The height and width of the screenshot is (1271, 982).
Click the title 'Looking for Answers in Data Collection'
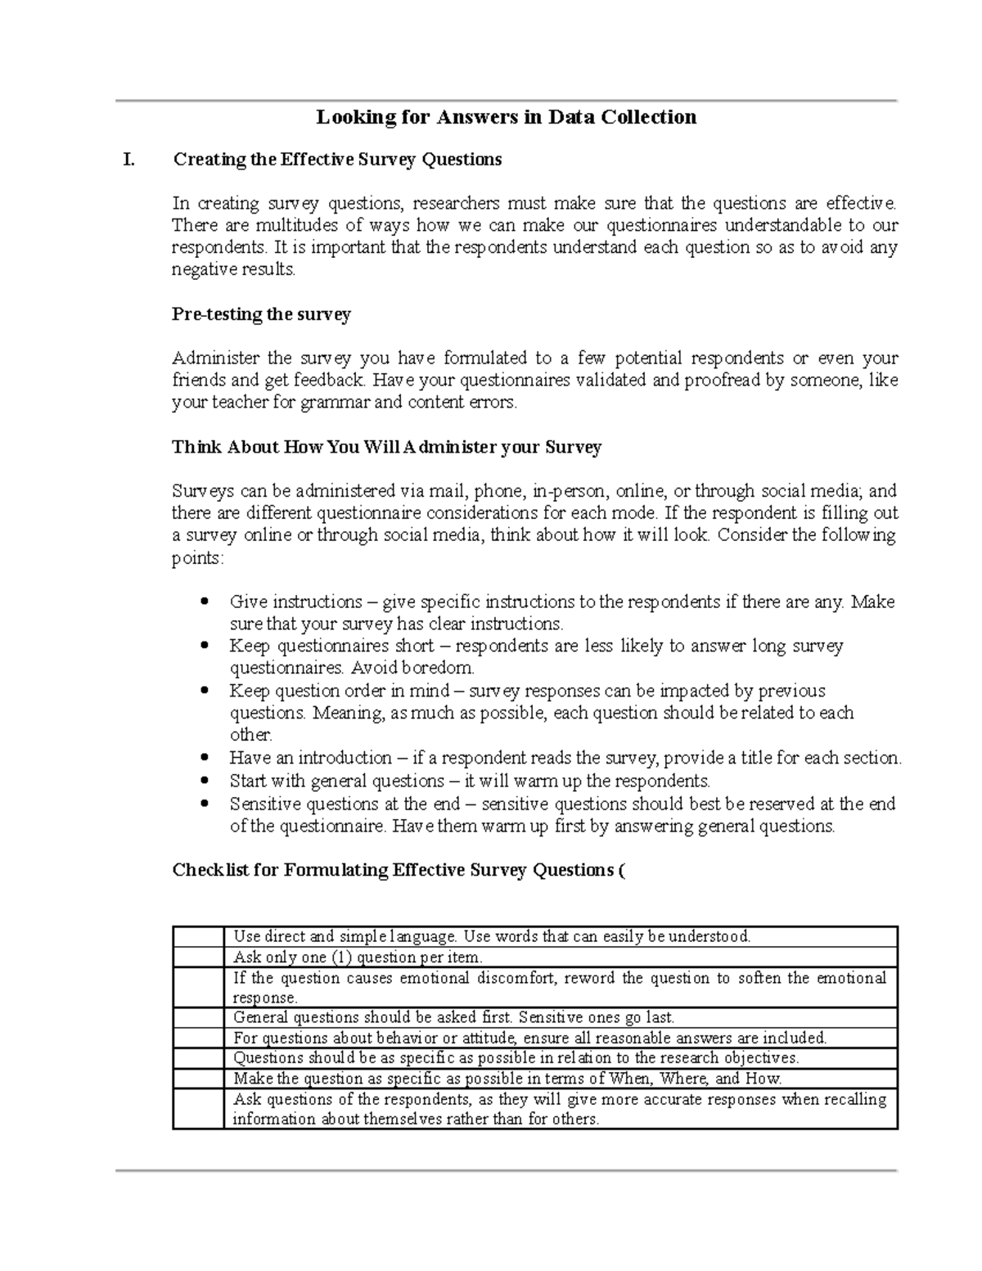pos(507,117)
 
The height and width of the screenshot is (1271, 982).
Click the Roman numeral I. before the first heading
pos(128,160)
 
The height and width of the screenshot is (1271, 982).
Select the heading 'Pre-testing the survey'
pos(261,314)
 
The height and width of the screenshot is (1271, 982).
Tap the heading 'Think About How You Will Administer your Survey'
pos(386,447)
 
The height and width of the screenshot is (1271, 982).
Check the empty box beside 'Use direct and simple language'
pos(198,936)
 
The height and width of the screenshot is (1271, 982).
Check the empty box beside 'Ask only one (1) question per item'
pos(198,957)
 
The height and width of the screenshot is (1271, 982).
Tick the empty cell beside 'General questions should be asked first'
pos(198,1018)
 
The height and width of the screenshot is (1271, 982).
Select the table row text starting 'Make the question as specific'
pos(507,1079)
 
